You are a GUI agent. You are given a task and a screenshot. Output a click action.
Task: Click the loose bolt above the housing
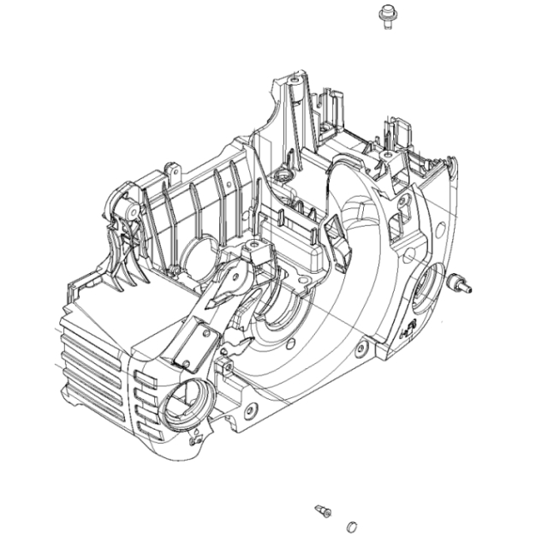pos(386,15)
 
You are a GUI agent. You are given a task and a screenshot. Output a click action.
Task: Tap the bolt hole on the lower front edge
pos(249,410)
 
